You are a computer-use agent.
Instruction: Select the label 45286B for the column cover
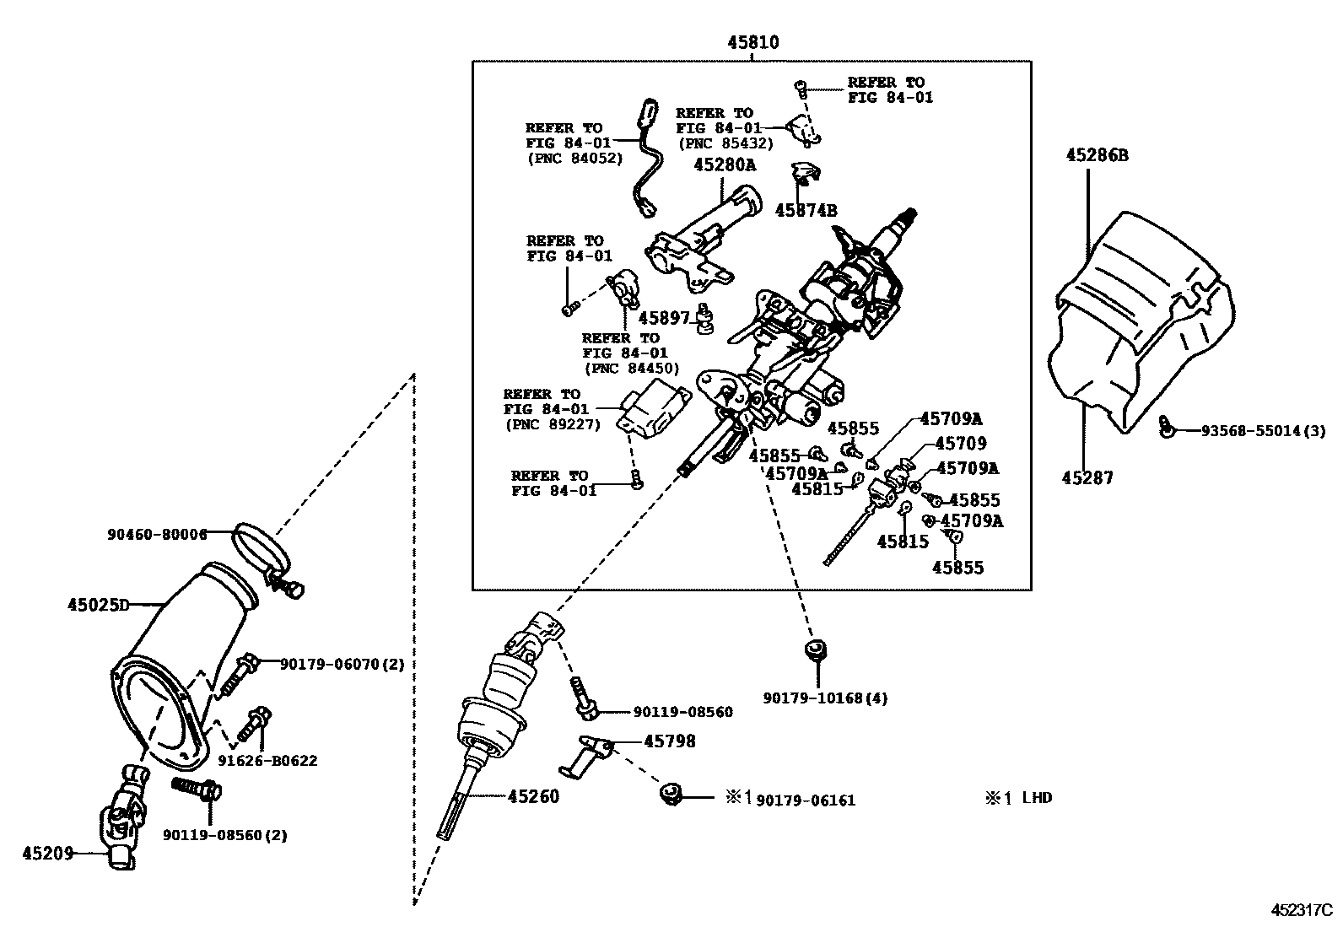tap(1097, 154)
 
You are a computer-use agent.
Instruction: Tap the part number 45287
tap(1087, 478)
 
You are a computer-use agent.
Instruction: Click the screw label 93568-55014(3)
tap(1252, 431)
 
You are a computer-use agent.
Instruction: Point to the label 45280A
tap(725, 165)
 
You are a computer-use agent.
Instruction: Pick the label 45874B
tap(806, 211)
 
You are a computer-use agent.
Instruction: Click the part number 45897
tap(664, 318)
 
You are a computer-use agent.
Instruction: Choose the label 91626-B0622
tap(267, 761)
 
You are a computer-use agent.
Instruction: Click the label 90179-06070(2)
tap(342, 664)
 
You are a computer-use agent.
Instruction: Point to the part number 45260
tap(533, 796)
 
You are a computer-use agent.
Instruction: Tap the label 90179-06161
tap(806, 800)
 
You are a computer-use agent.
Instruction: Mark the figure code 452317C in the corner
tap(1301, 910)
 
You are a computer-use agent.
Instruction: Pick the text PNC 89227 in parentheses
tap(552, 425)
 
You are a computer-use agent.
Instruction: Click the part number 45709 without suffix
tap(960, 444)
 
